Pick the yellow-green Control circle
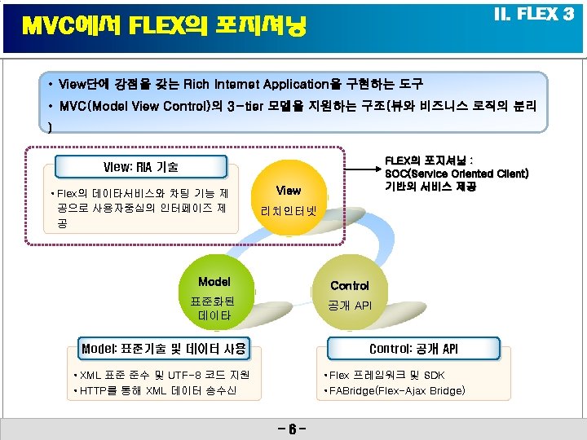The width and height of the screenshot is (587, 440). tap(349, 294)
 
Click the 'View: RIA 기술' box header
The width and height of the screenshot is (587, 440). tap(141, 167)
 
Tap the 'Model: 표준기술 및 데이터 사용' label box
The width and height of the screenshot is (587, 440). tap(163, 349)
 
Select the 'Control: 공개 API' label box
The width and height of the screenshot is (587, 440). tap(413, 349)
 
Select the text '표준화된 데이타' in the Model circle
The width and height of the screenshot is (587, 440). tap(214, 307)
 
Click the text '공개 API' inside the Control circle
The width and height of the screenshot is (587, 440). tap(350, 306)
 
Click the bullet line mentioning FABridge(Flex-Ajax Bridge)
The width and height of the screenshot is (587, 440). tap(395, 391)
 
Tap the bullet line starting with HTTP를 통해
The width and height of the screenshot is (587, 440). tap(155, 391)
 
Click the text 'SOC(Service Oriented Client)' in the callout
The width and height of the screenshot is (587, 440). tap(457, 174)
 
